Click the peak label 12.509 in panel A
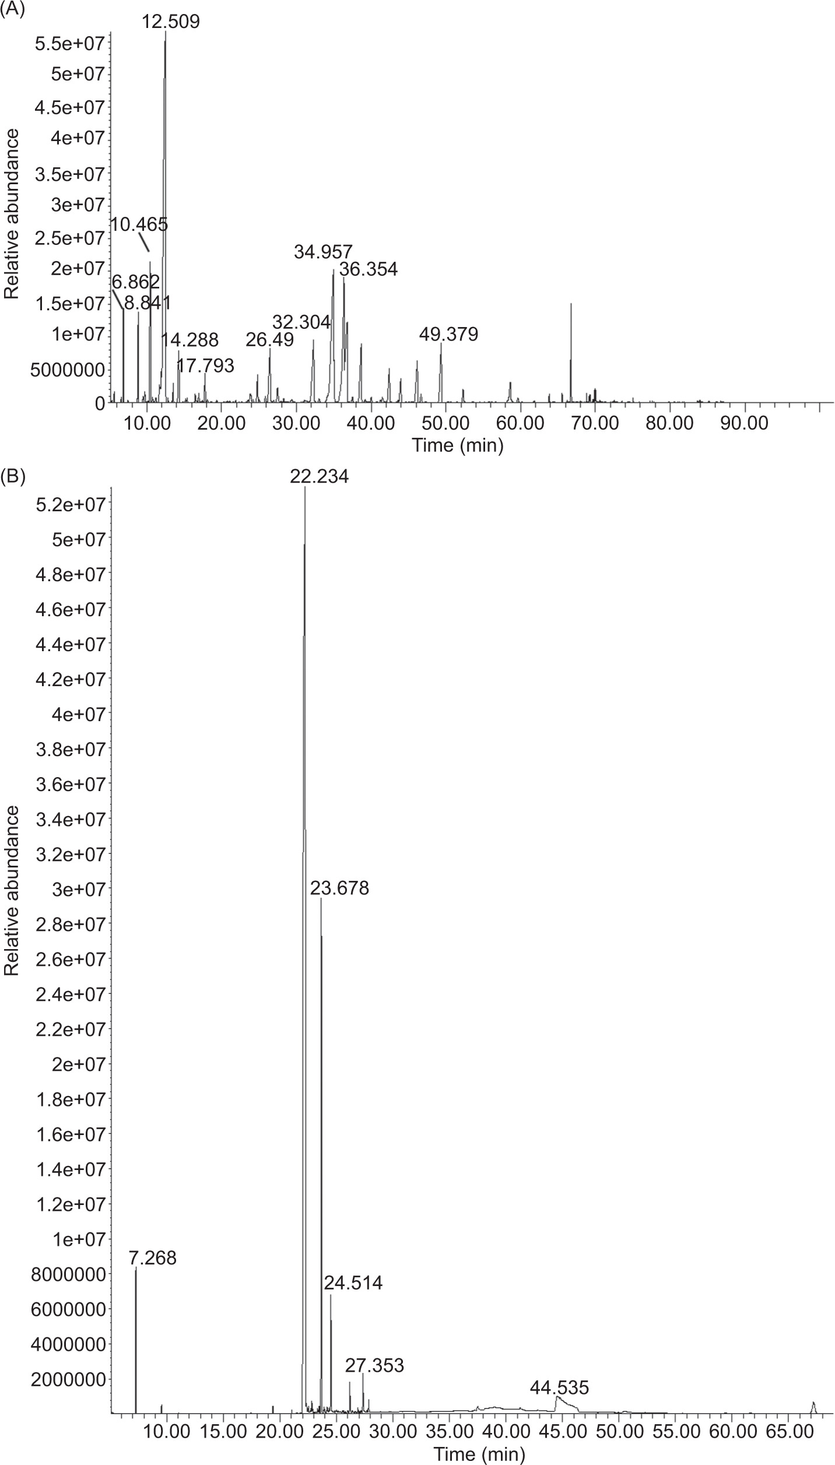171,22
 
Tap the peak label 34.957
323,252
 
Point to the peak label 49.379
449,334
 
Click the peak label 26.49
269,340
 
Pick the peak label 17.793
205,366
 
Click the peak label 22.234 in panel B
320,477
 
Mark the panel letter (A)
13,9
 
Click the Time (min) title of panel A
458,445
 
